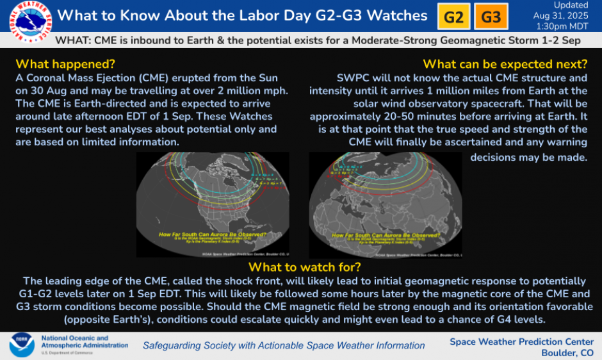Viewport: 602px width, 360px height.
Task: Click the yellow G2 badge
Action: point(453,17)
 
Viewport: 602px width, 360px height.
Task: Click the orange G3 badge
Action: point(491,17)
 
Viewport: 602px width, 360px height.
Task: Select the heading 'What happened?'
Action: point(65,64)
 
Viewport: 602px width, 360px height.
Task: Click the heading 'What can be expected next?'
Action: point(505,64)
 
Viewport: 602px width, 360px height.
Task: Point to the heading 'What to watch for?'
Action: point(305,267)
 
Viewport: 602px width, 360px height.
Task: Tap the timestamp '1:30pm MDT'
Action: point(561,27)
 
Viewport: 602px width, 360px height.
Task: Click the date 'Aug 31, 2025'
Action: point(561,16)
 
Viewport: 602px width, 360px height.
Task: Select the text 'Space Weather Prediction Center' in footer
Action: point(521,341)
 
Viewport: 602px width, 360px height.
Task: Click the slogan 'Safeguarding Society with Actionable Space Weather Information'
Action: point(284,345)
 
